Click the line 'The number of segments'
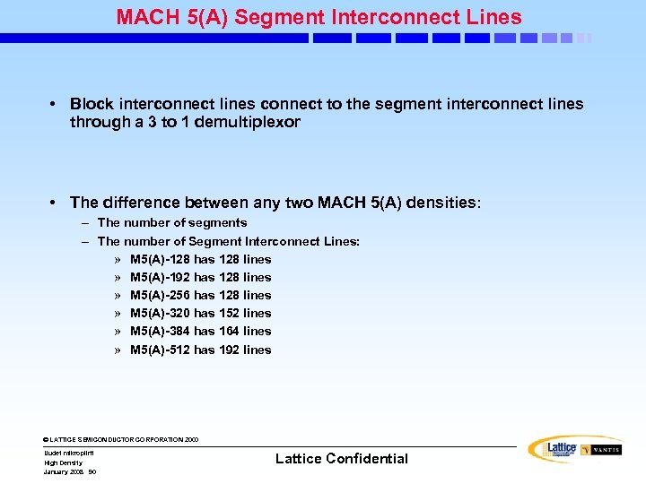click(172, 222)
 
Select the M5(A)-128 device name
click(160, 259)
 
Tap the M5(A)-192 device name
click(160, 277)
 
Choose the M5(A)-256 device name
click(160, 295)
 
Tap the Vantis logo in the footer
click(600, 450)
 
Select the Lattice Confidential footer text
click(341, 459)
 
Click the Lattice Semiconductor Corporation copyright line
click(121, 440)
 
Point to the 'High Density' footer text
click(63, 462)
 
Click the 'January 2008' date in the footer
click(63, 471)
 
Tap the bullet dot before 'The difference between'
click(56, 203)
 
